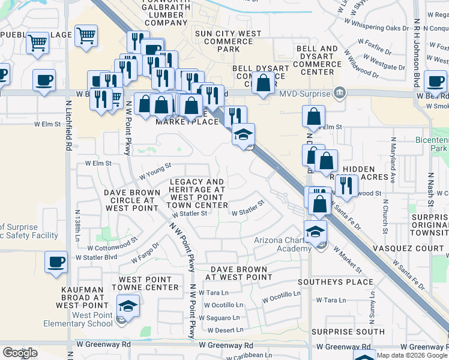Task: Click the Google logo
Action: [20, 353]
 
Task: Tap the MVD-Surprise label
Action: [305, 94]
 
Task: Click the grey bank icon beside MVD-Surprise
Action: [340, 93]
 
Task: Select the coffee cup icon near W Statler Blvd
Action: [56, 263]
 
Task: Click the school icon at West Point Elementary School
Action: [127, 307]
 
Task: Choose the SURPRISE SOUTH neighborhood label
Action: [343, 332]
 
